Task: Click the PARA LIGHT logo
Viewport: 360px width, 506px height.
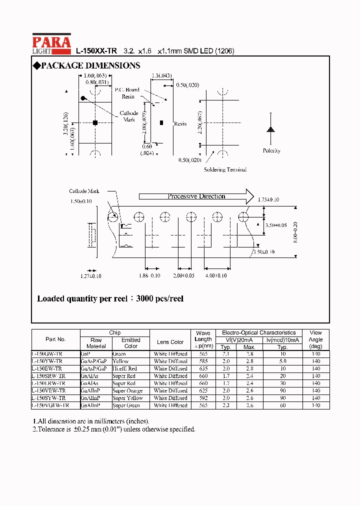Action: pos(51,44)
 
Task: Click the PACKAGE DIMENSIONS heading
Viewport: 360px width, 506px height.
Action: pos(85,66)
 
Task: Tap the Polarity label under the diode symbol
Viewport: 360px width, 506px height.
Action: pos(271,150)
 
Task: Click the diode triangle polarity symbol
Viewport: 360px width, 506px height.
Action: pos(271,129)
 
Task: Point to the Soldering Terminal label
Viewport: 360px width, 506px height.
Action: pos(225,169)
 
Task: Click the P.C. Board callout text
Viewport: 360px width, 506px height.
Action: pos(127,90)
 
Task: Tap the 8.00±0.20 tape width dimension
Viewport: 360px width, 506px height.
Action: pos(295,232)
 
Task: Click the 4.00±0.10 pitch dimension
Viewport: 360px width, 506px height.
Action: pos(216,275)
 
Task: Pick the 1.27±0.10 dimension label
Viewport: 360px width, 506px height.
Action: pos(90,276)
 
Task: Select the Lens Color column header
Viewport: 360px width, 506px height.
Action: pos(170,342)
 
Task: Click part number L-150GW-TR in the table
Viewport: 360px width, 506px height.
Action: pos(47,353)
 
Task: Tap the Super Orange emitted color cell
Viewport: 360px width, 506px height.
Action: pos(127,391)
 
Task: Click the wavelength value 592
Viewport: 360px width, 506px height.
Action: pos(203,398)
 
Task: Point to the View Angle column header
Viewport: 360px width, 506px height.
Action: pos(315,339)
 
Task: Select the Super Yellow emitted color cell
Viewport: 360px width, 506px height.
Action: pos(127,398)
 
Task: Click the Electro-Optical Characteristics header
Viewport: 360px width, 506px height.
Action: pos(258,332)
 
